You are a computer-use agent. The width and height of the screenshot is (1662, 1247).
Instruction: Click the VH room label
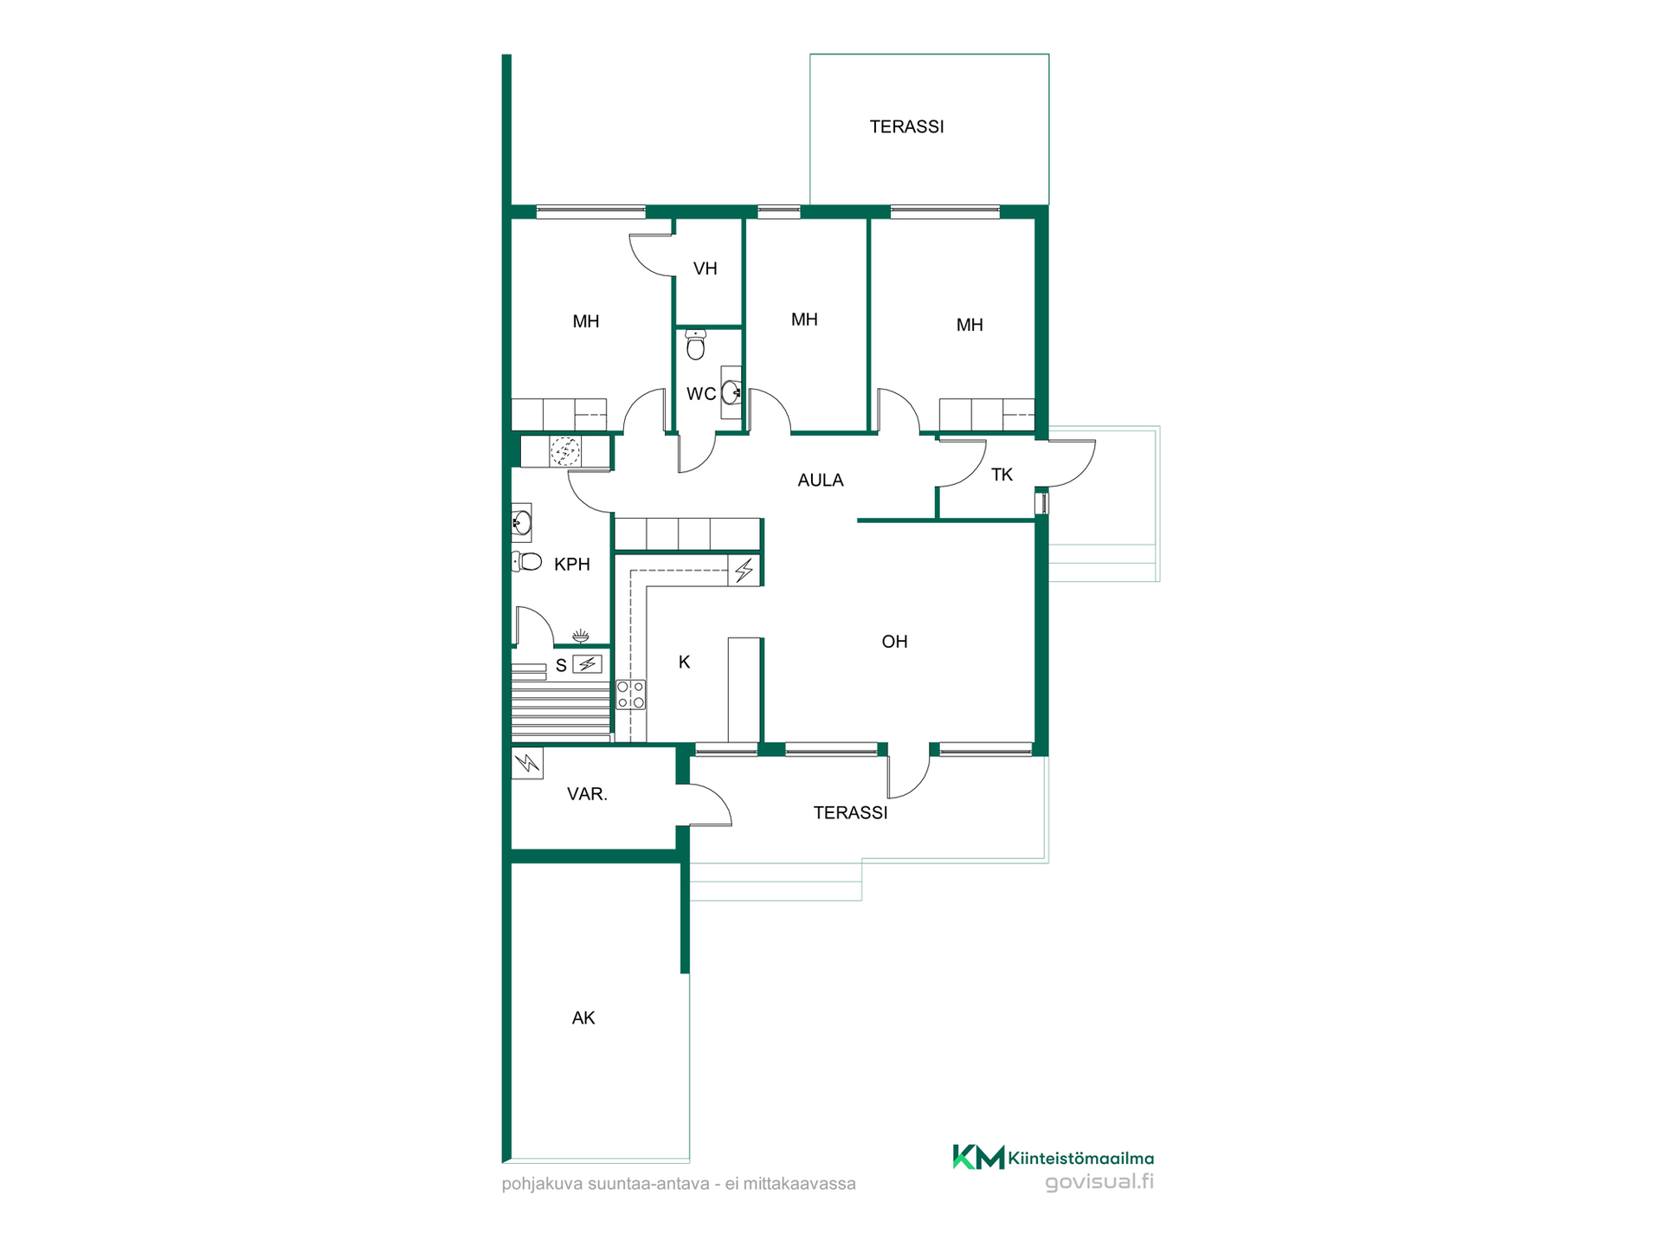click(x=705, y=268)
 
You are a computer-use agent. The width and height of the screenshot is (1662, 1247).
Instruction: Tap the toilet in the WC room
click(x=695, y=344)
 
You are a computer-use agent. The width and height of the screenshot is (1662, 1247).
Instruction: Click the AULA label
click(x=820, y=480)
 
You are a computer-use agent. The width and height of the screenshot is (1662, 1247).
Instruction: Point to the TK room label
click(x=1002, y=475)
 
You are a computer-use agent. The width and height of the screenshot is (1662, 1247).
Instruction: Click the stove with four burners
click(x=630, y=695)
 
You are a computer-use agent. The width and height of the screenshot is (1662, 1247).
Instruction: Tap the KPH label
click(x=571, y=565)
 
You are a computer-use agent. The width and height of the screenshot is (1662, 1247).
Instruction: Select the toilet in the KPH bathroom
click(x=526, y=562)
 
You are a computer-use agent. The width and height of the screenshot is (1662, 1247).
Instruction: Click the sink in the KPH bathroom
click(x=521, y=522)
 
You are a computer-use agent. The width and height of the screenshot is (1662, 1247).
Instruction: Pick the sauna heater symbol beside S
click(x=587, y=664)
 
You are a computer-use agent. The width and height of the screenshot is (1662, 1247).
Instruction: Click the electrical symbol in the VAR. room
click(x=527, y=763)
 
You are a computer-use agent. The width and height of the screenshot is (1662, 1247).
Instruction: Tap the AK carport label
click(x=583, y=1018)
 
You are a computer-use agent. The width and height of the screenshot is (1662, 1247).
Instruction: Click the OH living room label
click(x=894, y=642)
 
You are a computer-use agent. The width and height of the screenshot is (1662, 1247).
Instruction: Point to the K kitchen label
click(x=684, y=662)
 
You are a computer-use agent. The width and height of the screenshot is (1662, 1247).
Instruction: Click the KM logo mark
click(x=978, y=1157)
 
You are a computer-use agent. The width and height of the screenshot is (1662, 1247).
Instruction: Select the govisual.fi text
click(x=1099, y=1182)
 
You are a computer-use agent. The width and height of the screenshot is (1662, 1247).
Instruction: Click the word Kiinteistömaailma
click(x=1081, y=1159)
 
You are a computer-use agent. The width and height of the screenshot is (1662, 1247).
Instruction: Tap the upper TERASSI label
click(x=906, y=126)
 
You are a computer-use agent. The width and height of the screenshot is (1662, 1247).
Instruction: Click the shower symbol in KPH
click(x=581, y=636)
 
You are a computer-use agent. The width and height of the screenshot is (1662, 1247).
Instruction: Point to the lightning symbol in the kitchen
click(x=744, y=570)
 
